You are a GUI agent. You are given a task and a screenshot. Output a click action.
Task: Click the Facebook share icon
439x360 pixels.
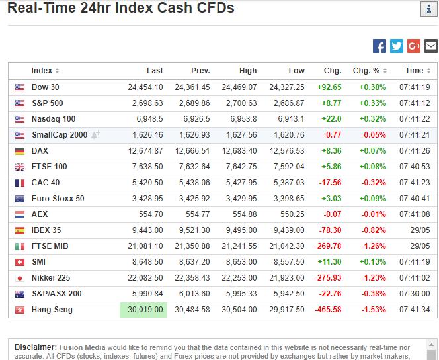click(x=379, y=46)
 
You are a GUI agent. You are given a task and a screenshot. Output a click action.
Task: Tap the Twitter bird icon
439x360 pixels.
click(x=397, y=46)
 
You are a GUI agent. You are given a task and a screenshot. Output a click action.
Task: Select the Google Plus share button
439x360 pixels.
click(x=414, y=46)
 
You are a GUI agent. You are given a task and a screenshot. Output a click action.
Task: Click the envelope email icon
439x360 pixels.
click(x=431, y=46)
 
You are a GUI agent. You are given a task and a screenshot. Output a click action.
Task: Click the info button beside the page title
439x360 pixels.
click(x=428, y=9)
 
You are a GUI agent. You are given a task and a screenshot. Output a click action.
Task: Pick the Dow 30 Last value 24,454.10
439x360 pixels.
click(x=145, y=87)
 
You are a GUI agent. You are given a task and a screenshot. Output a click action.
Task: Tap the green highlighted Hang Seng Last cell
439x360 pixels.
click(x=143, y=310)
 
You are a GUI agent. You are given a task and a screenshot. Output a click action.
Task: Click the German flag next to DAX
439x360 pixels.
click(x=20, y=152)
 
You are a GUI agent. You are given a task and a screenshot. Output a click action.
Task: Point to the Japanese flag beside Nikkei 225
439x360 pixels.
click(x=20, y=278)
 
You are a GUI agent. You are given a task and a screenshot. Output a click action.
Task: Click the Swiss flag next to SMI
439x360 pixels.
click(x=20, y=262)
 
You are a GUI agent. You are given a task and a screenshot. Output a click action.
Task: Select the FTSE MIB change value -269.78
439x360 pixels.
click(x=328, y=246)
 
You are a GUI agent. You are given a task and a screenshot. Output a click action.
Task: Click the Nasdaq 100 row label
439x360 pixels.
click(x=54, y=119)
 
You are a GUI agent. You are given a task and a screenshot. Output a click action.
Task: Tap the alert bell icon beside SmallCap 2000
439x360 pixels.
click(x=95, y=134)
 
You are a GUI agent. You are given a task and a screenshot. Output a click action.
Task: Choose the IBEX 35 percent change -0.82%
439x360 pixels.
click(x=374, y=230)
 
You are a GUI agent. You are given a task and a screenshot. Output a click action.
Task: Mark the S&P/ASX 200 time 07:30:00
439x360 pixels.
click(x=415, y=294)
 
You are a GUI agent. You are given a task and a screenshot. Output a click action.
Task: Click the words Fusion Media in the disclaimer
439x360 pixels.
click(x=82, y=347)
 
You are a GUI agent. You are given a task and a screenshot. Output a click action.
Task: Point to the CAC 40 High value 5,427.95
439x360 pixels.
click(x=241, y=183)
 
